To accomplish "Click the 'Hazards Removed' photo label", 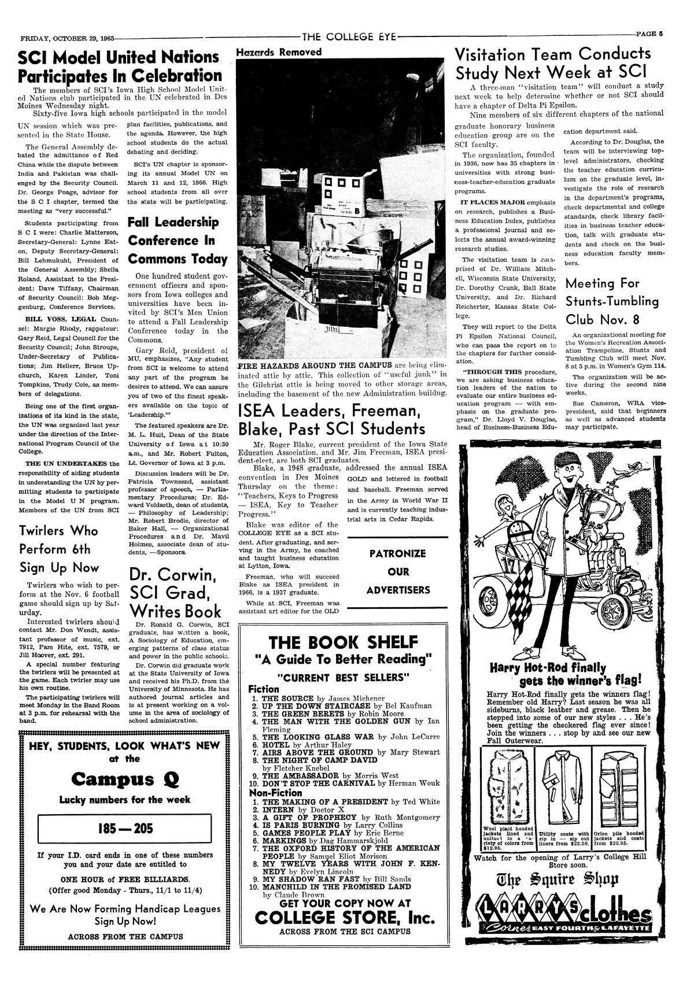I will point(279,52).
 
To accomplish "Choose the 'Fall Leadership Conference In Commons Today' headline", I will point(178,241).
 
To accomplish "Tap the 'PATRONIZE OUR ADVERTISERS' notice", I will point(399,572).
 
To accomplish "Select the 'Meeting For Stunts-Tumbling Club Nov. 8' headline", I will point(612,301).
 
